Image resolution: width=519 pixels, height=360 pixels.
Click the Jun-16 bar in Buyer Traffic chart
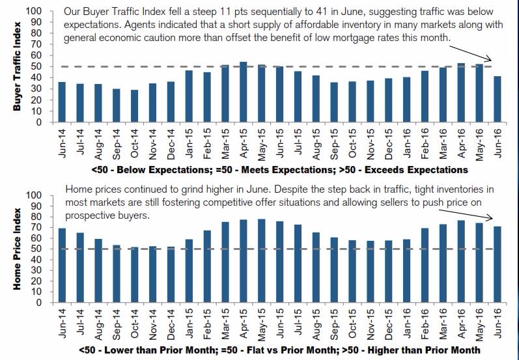point(498,99)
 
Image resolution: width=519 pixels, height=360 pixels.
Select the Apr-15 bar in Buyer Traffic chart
point(243,92)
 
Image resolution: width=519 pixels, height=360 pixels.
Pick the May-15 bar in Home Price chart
point(261,260)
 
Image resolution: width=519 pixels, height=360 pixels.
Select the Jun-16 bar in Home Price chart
point(498,264)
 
